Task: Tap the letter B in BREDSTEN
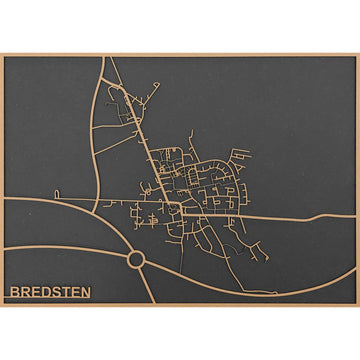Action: (15, 293)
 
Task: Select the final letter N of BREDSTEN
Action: (85, 293)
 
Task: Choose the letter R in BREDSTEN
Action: (25, 293)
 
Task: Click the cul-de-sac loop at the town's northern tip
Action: (113, 88)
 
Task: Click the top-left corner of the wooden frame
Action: (2, 54)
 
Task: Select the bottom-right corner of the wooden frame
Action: (357, 305)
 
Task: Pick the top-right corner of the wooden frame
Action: (357, 54)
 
